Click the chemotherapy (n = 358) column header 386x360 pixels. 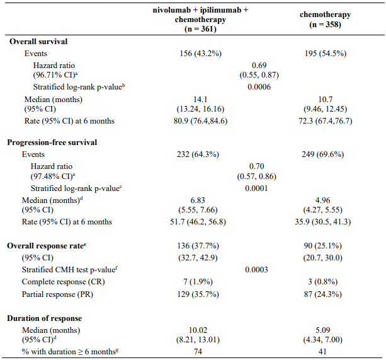pyautogui.click(x=325, y=20)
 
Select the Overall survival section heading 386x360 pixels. pyautogui.click(x=38, y=42)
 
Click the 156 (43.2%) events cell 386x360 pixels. pyautogui.click(x=200, y=54)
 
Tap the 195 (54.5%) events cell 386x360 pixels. pyautogui.click(x=326, y=54)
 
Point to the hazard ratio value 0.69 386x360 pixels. pyautogui.click(x=259, y=66)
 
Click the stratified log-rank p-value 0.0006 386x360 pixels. pyautogui.click(x=259, y=87)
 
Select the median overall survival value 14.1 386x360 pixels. pyautogui.click(x=200, y=100)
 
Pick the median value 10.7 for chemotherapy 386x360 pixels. pyautogui.click(x=326, y=100)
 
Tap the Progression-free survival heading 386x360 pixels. pyautogui.click(x=52, y=142)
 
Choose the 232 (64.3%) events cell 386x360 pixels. pyautogui.click(x=198, y=154)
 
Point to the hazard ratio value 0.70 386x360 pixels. pyautogui.click(x=256, y=166)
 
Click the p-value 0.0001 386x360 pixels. pyautogui.click(x=256, y=189)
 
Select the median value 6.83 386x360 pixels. pyautogui.click(x=198, y=200)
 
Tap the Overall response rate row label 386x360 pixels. pyautogui.click(x=47, y=246)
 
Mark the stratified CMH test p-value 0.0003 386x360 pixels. pyautogui.click(x=256, y=270)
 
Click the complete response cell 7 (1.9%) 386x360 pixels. pyautogui.click(x=198, y=282)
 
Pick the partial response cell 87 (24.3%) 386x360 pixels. pyautogui.click(x=323, y=294)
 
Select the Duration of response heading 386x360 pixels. pyautogui.click(x=44, y=318)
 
